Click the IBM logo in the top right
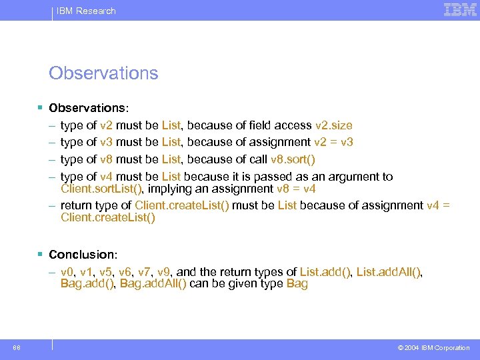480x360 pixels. coord(460,10)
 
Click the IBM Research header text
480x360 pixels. coord(86,11)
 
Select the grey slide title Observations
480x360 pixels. coord(103,73)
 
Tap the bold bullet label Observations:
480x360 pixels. coord(89,108)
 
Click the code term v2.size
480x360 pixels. coord(333,125)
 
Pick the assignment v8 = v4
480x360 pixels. coord(292,189)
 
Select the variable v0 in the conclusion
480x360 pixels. coord(66,272)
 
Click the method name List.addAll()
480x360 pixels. coord(389,272)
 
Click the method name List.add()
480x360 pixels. coord(325,272)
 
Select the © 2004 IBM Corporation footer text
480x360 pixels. coord(433,348)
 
